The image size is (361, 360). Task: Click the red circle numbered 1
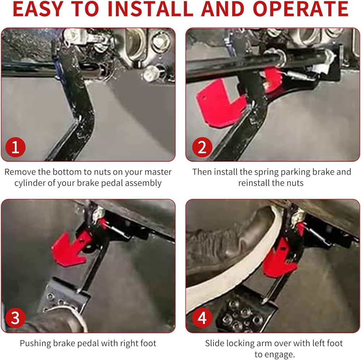pyautogui.click(x=16, y=147)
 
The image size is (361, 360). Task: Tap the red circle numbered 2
pyautogui.click(x=202, y=147)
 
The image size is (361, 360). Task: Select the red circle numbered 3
pyautogui.click(x=16, y=318)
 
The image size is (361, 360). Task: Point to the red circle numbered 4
pyautogui.click(x=202, y=318)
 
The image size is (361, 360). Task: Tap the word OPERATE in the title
pyautogui.click(x=300, y=9)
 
